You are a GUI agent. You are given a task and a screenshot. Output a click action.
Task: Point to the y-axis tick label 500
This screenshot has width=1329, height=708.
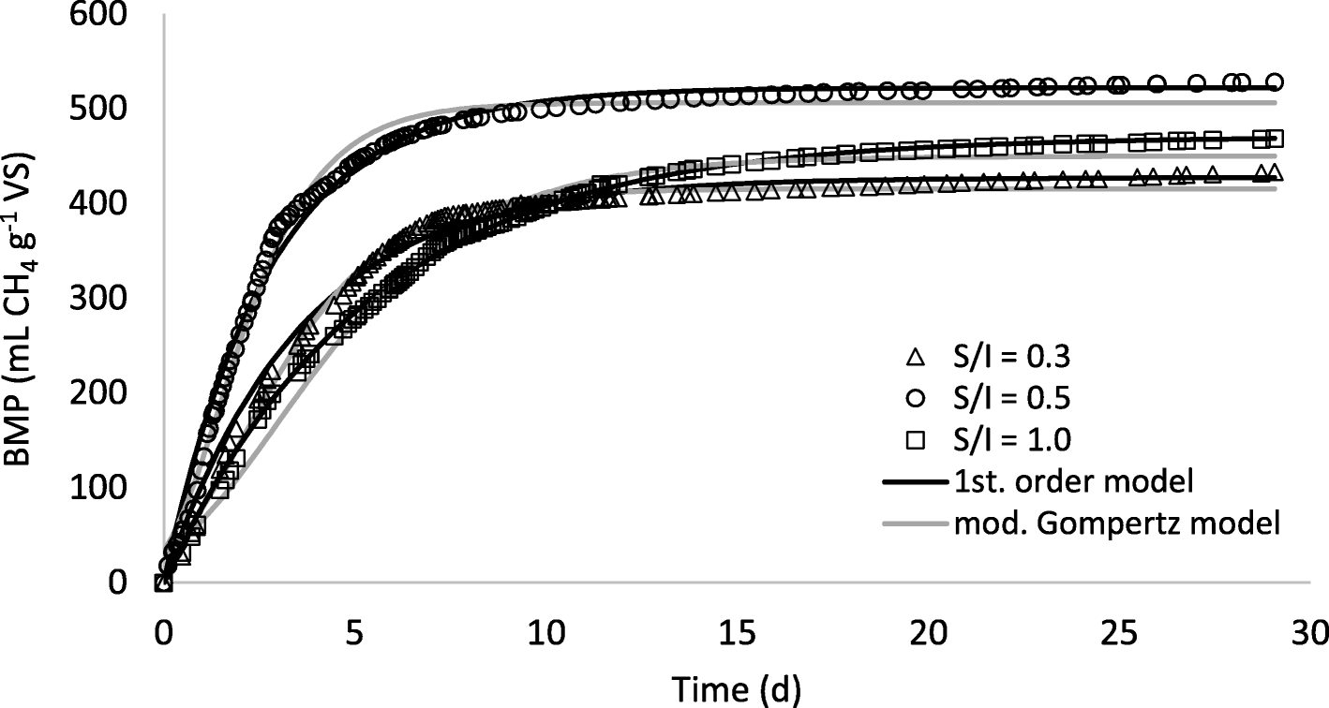pyautogui.click(x=106, y=111)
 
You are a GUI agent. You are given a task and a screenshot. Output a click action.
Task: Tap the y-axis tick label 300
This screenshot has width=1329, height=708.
pyautogui.click(x=106, y=299)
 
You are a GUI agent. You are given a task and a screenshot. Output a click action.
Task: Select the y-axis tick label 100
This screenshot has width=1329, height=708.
pyautogui.click(x=106, y=488)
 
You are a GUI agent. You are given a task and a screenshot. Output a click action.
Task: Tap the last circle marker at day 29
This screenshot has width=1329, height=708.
pyautogui.click(x=1275, y=82)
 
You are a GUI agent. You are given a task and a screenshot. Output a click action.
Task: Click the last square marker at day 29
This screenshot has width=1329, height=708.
pyautogui.click(x=1275, y=140)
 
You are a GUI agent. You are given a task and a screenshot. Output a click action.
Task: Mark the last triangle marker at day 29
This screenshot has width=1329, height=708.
pyautogui.click(x=1275, y=173)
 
